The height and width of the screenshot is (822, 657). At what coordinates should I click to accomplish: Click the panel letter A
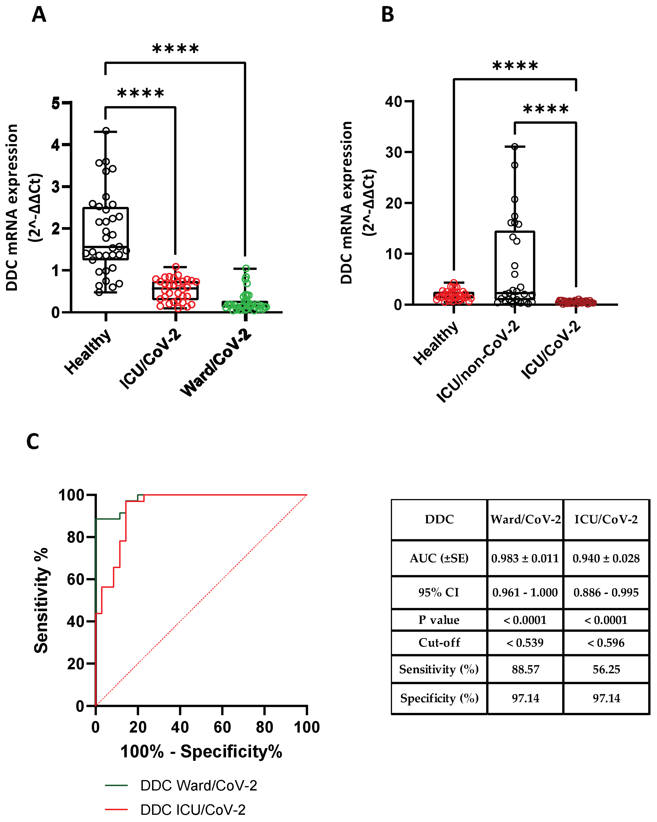click(39, 15)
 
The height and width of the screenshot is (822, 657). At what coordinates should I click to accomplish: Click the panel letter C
click(33, 442)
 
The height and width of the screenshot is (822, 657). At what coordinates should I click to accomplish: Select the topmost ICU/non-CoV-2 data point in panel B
click(515, 146)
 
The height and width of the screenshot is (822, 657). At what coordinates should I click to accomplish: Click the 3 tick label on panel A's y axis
click(56, 187)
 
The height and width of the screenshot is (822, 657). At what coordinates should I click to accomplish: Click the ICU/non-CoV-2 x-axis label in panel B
click(478, 361)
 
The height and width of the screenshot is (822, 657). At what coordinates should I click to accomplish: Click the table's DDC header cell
click(439, 519)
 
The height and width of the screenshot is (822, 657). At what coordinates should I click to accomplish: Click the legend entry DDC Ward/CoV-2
click(198, 786)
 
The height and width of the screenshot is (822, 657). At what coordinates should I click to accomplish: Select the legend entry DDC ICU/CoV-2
click(193, 810)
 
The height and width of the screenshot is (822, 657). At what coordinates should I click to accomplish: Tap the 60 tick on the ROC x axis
click(222, 727)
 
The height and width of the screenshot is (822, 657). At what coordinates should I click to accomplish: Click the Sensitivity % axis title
click(41, 601)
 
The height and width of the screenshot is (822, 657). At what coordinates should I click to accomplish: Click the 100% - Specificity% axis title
click(201, 752)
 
